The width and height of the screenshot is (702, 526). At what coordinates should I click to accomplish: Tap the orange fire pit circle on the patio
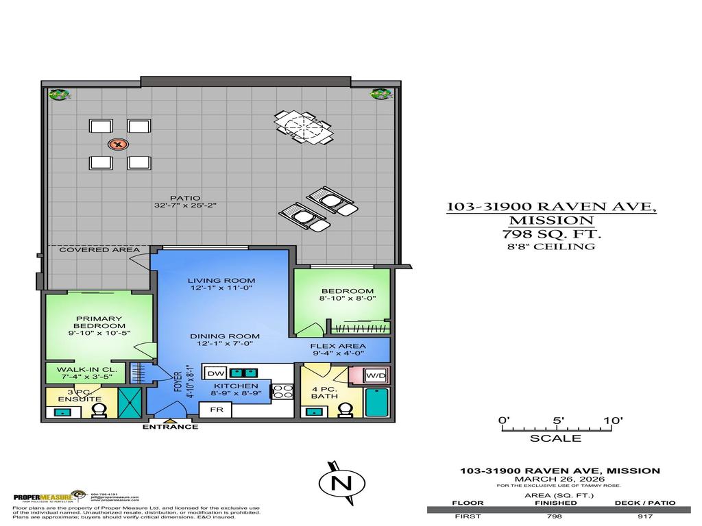(119, 145)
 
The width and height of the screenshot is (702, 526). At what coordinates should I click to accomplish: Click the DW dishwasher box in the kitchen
(215, 373)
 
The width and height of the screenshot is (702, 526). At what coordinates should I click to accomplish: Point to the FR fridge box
(215, 410)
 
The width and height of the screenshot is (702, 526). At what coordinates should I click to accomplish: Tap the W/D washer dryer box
(374, 375)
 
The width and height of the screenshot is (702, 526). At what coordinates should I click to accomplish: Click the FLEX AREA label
(337, 347)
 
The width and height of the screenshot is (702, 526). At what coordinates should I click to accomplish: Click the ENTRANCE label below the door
(170, 427)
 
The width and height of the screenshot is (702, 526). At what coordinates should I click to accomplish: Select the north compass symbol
(337, 483)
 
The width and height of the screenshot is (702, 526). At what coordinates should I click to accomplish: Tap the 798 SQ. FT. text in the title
(551, 234)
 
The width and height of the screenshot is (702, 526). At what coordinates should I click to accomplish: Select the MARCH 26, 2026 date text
(558, 478)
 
